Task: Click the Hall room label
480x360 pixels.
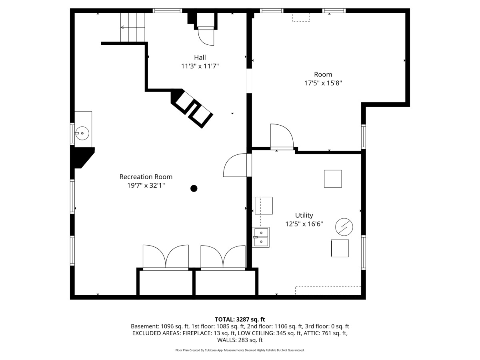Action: [200, 58]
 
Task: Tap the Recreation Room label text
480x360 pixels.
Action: [146, 177]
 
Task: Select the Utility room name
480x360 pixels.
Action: [304, 215]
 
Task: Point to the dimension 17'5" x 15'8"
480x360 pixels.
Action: [323, 83]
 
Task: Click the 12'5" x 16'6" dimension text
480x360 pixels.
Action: [304, 224]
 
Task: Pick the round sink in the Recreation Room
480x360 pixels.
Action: [82, 133]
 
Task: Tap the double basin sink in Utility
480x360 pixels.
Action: [261, 237]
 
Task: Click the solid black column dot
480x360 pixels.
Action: [194, 188]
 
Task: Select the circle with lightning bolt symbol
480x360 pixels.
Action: [344, 227]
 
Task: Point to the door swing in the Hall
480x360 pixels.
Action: [206, 37]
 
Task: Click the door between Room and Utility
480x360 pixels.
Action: [282, 137]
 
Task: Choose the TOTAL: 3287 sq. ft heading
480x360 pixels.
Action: [240, 320]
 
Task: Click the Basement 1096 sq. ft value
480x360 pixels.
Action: [160, 326]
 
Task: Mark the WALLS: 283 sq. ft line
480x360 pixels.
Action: [240, 340]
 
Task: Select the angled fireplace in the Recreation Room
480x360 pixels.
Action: [192, 108]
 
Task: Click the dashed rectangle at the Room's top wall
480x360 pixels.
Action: [301, 17]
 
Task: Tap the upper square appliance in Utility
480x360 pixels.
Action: [333, 179]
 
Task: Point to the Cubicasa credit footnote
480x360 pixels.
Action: [240, 350]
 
